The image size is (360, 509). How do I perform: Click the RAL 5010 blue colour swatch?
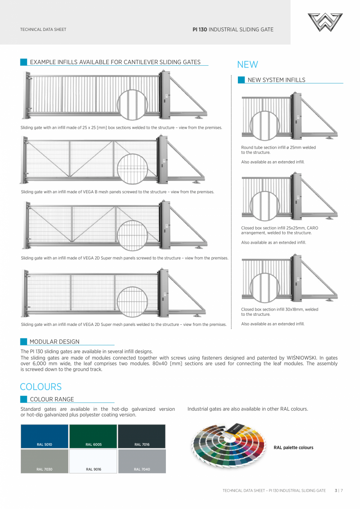45,436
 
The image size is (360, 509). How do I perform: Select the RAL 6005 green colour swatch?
93,436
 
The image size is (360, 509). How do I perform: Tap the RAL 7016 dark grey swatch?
142,436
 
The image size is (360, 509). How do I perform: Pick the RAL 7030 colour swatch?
45,461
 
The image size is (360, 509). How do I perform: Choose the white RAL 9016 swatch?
93,461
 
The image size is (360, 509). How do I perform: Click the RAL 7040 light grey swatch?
142,461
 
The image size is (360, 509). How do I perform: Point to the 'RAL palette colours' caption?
293,448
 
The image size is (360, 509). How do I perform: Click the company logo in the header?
325,22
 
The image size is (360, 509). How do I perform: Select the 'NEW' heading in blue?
247,65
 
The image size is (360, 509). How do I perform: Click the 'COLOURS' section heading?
41,387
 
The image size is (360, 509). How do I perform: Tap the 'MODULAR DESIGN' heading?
54,342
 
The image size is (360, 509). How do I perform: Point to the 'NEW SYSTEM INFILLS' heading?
276,80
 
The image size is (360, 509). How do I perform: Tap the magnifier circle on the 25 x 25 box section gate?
132,104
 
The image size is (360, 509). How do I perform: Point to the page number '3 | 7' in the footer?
338,490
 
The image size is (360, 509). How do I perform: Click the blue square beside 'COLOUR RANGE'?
24,399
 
